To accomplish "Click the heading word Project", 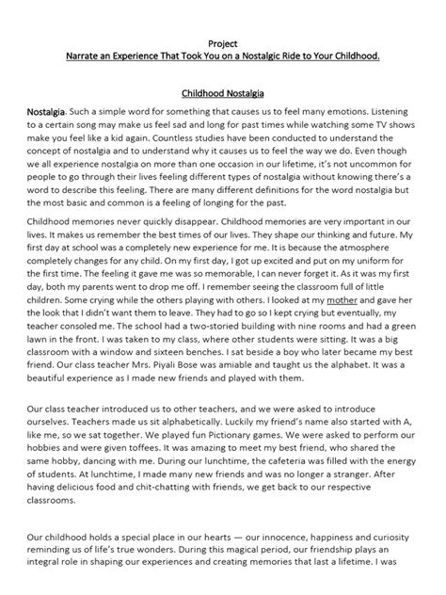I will click(x=223, y=42).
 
